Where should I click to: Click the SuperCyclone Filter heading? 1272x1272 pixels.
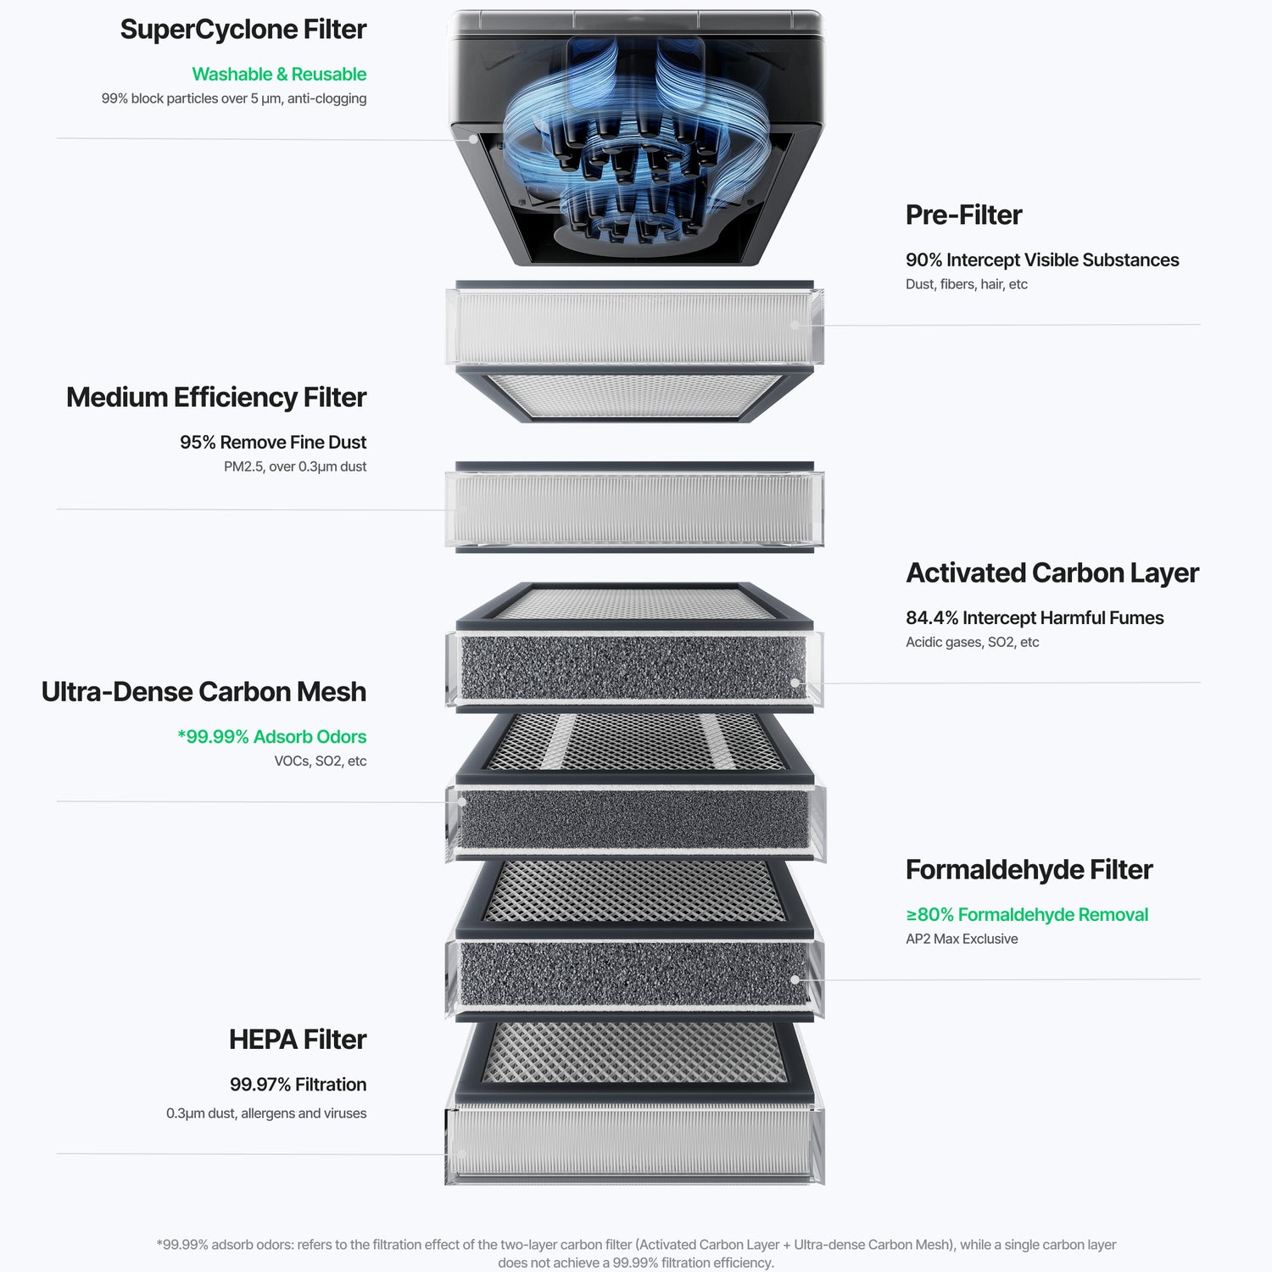point(243,30)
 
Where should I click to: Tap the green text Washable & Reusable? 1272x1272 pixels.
point(279,75)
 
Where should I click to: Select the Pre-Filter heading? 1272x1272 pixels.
point(963,215)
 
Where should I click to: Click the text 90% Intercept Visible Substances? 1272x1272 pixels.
point(1042,260)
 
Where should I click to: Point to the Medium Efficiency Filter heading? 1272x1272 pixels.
point(216,398)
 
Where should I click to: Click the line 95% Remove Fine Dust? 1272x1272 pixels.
point(273,443)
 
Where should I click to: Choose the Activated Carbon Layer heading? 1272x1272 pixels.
point(1052,573)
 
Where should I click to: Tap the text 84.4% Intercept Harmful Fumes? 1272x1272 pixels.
point(1035,618)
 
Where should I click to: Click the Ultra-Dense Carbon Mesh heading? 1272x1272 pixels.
point(204,692)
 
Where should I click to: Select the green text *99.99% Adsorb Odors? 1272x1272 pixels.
point(272,737)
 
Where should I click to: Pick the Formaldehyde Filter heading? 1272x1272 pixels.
point(1029,870)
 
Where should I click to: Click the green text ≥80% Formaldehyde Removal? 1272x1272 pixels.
point(1027,915)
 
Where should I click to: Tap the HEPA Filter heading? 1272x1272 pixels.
point(298,1040)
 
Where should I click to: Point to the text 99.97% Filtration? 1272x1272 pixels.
point(298,1085)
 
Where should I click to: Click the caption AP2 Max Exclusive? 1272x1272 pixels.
point(962,939)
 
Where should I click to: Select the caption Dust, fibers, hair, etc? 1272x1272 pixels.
point(967,284)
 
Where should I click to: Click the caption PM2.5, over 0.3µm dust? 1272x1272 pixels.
point(295,466)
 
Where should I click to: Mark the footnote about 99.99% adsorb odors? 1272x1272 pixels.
point(636,1253)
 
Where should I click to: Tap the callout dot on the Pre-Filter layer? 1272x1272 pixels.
point(795,325)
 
